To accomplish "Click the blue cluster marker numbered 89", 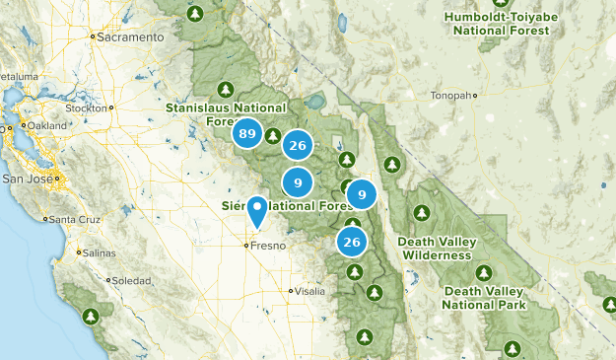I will (x=247, y=133).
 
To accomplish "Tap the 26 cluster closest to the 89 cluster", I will (x=297, y=146).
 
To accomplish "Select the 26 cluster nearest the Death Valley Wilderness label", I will (x=352, y=240).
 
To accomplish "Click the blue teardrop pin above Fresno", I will (x=257, y=209).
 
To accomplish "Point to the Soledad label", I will (x=131, y=281).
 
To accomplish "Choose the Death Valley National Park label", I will (x=484, y=298).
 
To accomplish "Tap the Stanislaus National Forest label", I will (x=226, y=113).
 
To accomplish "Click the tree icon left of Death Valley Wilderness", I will (x=422, y=213).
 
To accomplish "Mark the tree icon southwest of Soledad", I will (x=91, y=317).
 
